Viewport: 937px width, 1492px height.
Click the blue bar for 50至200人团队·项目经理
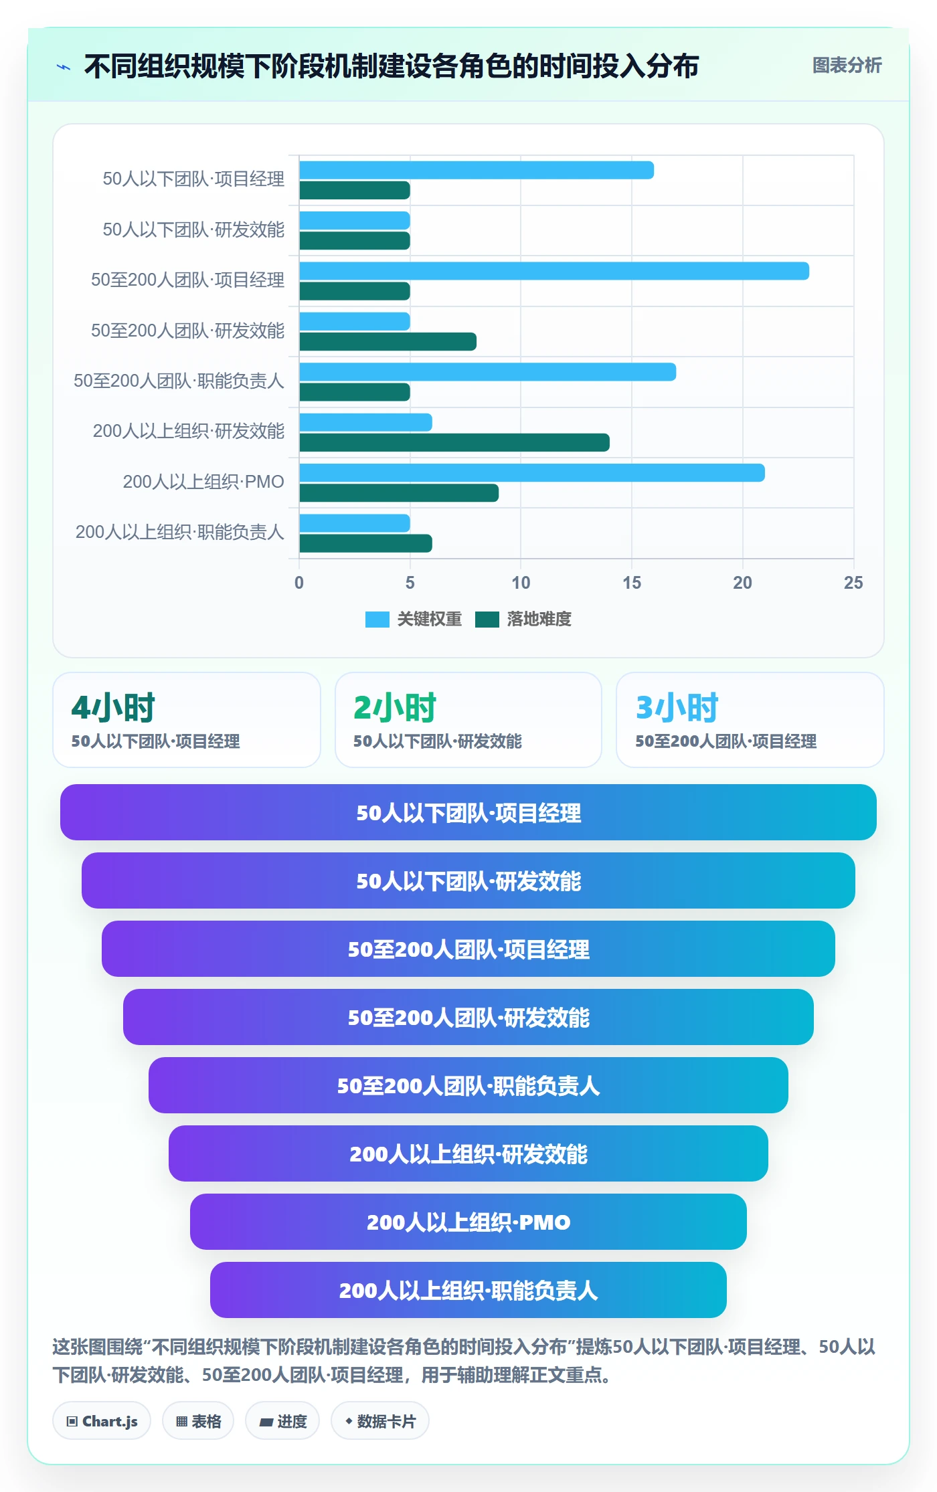(554, 271)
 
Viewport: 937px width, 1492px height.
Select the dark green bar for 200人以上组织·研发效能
(454, 442)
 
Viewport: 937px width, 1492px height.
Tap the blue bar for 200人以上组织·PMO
(532, 472)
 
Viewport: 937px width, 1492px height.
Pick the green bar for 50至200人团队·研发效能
(388, 342)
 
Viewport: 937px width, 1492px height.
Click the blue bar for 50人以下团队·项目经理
(477, 170)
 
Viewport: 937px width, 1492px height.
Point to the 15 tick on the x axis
(632, 583)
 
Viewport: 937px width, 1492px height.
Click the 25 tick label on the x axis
(853, 583)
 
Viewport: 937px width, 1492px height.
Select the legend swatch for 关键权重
(377, 620)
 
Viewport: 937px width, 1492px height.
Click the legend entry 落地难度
(523, 620)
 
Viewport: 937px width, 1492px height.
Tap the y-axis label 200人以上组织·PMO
(203, 482)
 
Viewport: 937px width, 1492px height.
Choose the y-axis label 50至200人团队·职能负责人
(179, 381)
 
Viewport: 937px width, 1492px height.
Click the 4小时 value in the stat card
(113, 707)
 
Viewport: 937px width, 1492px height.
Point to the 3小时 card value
(677, 707)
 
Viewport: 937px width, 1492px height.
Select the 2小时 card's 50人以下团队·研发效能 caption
(438, 741)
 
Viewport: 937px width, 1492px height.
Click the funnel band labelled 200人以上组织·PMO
(468, 1222)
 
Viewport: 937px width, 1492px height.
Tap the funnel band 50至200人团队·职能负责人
(468, 1085)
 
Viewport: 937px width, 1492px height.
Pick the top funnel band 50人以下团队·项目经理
(468, 812)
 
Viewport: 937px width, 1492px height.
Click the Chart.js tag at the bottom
(102, 1421)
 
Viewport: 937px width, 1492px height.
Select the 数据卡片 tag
(380, 1421)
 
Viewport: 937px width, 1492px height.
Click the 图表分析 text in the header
(847, 66)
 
